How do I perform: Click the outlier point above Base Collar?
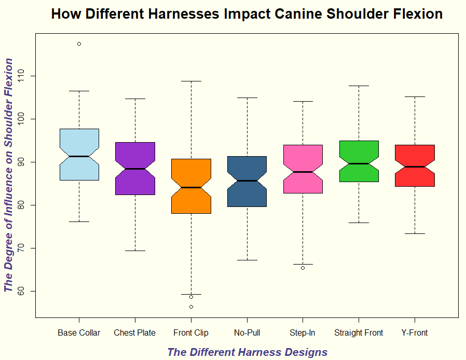point(79,44)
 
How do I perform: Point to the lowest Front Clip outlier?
point(191,307)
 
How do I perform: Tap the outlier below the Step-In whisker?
point(303,268)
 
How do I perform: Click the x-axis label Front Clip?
point(191,333)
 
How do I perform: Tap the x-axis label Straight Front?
point(359,333)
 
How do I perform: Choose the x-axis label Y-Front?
point(415,333)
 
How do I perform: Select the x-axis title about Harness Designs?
point(247,353)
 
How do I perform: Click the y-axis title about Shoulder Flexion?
point(8,175)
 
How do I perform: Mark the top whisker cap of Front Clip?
point(191,81)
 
